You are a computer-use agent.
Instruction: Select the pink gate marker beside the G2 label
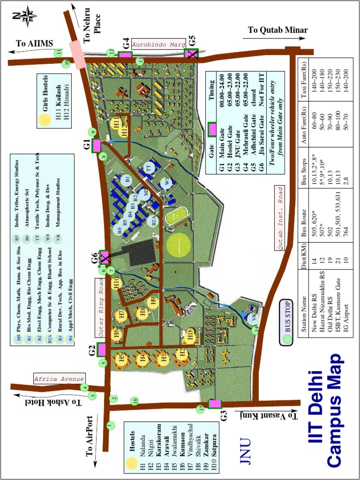coord(102,350)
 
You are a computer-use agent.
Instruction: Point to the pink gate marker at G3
coord(214,404)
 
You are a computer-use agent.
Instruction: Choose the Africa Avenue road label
coord(59,379)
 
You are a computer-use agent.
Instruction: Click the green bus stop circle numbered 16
coord(135,401)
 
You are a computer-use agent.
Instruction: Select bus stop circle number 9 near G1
coord(93,132)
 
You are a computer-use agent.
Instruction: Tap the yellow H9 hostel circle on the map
coord(152,302)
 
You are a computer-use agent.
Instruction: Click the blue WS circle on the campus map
coord(165,182)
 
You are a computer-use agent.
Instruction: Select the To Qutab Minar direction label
coord(277,30)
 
